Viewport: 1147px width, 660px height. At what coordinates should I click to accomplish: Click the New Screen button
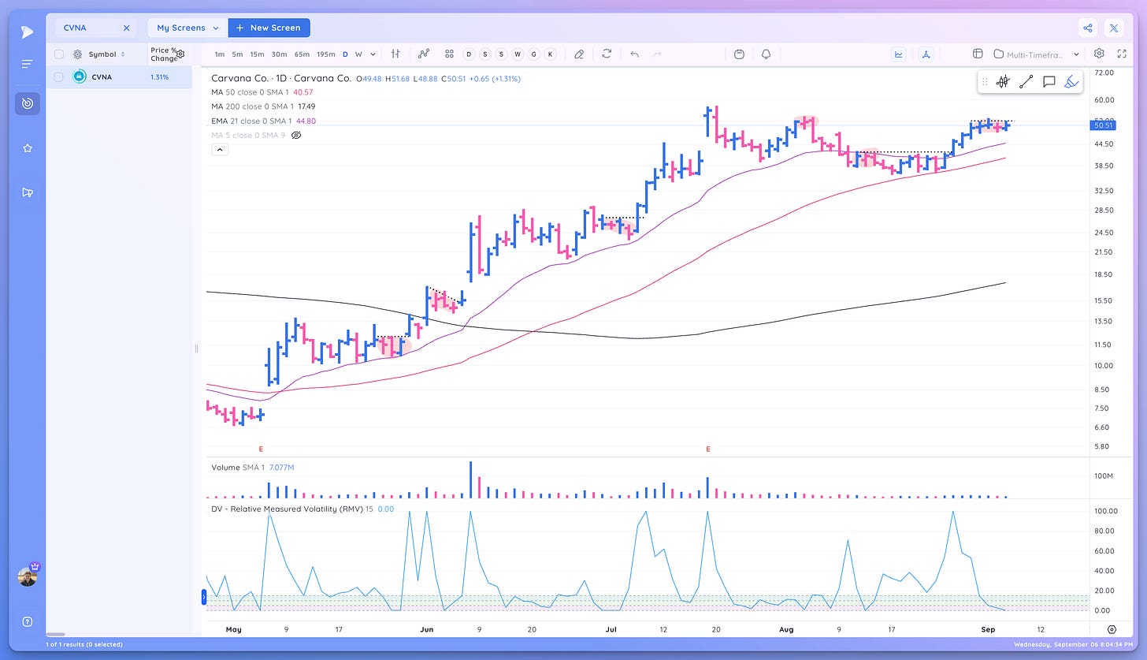tap(269, 28)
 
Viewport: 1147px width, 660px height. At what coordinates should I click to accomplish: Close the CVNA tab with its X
tap(126, 28)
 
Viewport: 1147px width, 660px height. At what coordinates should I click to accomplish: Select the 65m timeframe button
tap(302, 54)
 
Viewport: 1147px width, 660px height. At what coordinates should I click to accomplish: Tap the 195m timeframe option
tap(325, 54)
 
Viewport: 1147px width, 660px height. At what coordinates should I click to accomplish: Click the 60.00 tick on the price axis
tap(1104, 100)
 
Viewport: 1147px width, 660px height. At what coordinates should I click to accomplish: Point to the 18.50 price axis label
tap(1104, 274)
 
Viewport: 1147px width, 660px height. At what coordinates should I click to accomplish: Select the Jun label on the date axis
tap(427, 629)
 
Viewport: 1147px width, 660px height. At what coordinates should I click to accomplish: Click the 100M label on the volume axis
tap(1103, 476)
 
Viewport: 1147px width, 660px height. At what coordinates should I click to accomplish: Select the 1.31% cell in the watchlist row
tap(159, 76)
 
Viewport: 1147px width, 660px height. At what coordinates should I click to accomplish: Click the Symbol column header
tap(102, 54)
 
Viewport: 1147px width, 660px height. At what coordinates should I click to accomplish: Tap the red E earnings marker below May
tap(261, 449)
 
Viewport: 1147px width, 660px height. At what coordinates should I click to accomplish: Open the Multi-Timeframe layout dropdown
tap(1036, 54)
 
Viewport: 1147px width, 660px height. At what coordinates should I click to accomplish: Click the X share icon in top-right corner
tap(1114, 28)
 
